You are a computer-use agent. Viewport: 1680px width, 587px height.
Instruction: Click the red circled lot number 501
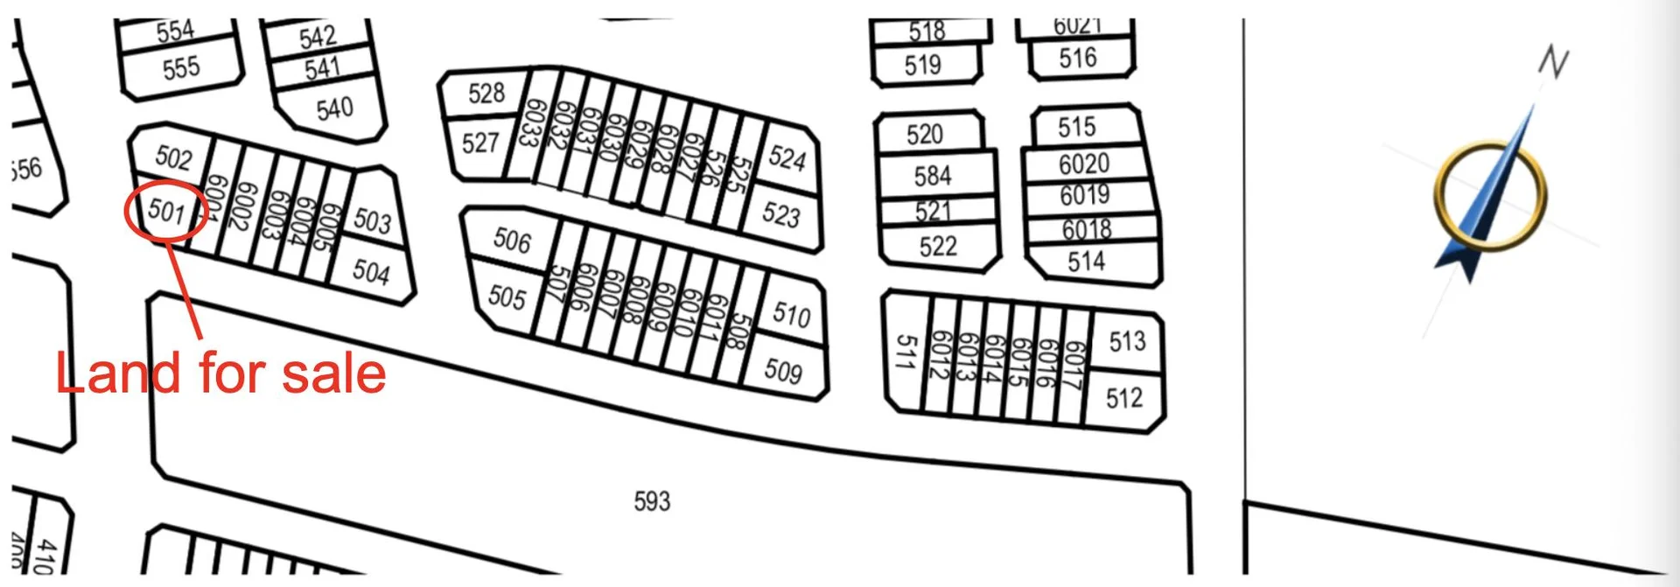tap(166, 211)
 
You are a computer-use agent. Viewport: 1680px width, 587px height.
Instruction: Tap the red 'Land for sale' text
tap(220, 374)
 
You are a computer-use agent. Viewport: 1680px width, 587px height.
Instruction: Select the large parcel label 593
tap(652, 501)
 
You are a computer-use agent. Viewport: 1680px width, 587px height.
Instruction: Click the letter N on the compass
tap(1553, 62)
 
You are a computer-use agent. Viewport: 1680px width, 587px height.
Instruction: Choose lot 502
tap(173, 157)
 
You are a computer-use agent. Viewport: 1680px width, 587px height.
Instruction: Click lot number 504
tap(371, 272)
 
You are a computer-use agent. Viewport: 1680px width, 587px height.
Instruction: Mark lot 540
tap(334, 109)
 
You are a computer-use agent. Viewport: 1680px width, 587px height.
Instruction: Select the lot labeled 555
tap(181, 67)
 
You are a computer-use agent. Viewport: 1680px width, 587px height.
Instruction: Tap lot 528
tap(486, 93)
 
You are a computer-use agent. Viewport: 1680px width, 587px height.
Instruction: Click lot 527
tap(480, 142)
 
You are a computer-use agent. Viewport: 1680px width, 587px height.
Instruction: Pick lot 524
tap(787, 158)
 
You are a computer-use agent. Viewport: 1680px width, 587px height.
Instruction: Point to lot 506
tap(512, 240)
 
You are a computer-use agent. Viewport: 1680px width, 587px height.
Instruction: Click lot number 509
tap(783, 371)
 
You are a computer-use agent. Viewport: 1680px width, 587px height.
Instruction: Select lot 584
tap(933, 176)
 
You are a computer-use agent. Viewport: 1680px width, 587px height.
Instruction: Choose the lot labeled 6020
tap(1084, 164)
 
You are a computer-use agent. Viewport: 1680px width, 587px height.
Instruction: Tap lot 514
tap(1086, 261)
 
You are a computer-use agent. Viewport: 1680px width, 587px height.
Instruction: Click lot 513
tap(1127, 341)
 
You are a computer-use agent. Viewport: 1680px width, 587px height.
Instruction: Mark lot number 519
tap(923, 65)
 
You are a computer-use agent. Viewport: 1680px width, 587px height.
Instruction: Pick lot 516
tap(1077, 59)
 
